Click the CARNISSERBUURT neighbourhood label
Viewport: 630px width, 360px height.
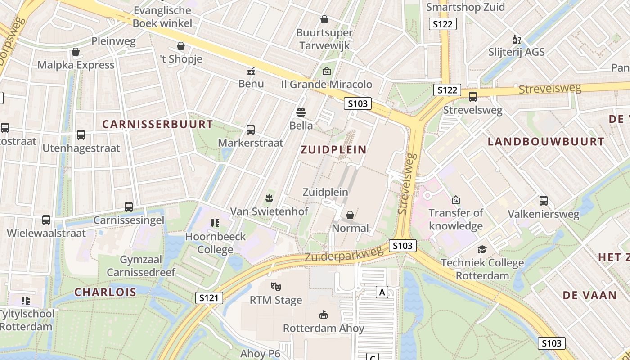coord(157,124)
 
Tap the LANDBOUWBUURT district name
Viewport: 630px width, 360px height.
coord(546,142)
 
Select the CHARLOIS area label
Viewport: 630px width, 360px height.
coord(105,292)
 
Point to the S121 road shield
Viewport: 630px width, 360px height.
coord(209,297)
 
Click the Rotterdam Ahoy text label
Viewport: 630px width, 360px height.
coord(324,328)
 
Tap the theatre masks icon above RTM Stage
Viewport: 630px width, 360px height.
coord(276,286)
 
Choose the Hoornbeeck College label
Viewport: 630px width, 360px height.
coord(216,243)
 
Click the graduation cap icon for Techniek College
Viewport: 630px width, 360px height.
coord(482,249)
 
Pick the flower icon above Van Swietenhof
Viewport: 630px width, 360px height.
coord(269,198)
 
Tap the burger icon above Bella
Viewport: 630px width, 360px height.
coord(301,112)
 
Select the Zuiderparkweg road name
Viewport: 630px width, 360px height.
coord(345,254)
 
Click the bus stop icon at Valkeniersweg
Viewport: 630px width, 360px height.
coord(544,201)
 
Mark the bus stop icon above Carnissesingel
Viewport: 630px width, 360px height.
coord(129,207)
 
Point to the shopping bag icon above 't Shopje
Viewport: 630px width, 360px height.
coord(181,46)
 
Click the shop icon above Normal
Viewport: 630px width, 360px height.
coord(350,215)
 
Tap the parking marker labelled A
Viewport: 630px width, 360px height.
coord(382,292)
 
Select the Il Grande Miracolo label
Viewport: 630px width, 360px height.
coord(327,84)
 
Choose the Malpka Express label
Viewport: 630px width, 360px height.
coord(76,65)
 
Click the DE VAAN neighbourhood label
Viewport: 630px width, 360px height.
coord(589,295)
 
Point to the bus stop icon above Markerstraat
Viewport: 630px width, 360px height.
coord(251,130)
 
